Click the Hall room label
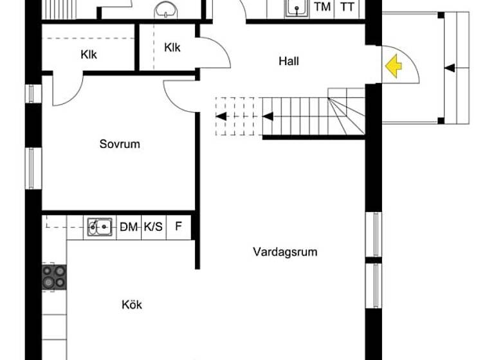click(x=289, y=62)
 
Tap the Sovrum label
click(x=120, y=144)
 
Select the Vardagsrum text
click(x=285, y=252)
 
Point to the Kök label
click(x=132, y=305)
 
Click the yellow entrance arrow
click(x=393, y=65)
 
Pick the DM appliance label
click(x=129, y=226)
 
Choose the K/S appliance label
click(x=153, y=226)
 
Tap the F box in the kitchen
click(x=179, y=226)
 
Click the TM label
click(x=322, y=8)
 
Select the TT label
click(x=347, y=8)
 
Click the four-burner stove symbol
click(x=54, y=277)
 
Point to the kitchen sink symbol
click(x=100, y=226)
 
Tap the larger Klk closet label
click(x=89, y=55)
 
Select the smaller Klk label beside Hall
click(x=172, y=47)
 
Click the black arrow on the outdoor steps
click(x=450, y=67)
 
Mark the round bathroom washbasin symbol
click(x=167, y=8)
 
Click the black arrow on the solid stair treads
click(x=268, y=116)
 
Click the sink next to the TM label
click(x=297, y=8)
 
